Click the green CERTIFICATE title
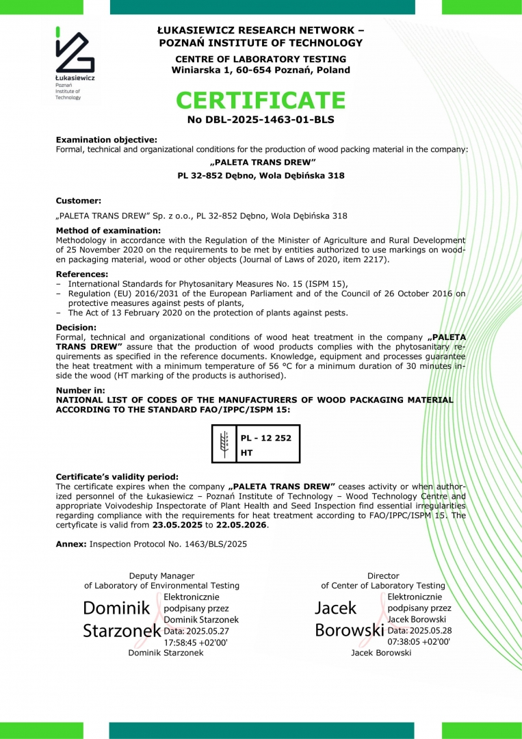click(261, 101)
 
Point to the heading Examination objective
click(106, 140)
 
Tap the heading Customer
click(78, 200)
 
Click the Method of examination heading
click(108, 231)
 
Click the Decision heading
click(76, 327)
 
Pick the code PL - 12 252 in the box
click(266, 438)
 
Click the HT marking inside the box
click(247, 453)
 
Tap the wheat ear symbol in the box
click(223, 443)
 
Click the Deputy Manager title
click(161, 576)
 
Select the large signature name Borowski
click(349, 630)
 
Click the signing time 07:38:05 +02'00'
click(419, 642)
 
